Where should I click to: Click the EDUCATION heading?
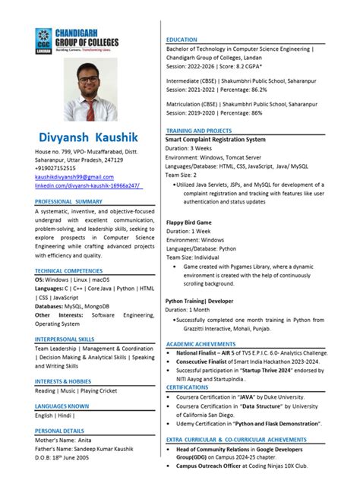[182, 39]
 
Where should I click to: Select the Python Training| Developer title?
[200, 301]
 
